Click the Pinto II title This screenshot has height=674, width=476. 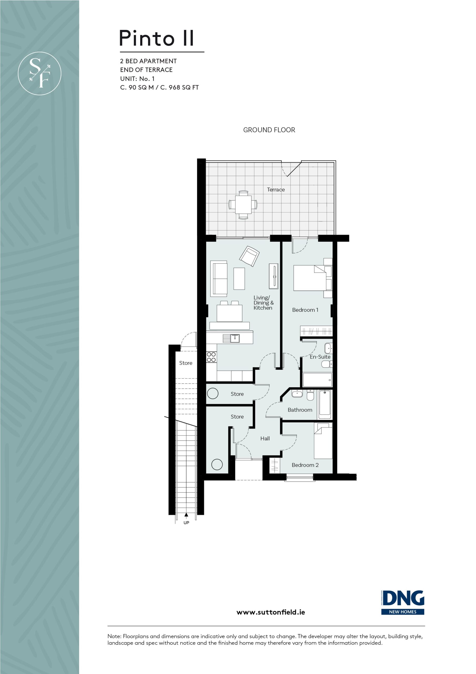[156, 38]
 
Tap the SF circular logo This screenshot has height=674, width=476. [40, 73]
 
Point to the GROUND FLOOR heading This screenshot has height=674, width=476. [269, 130]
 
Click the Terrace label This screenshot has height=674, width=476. [276, 190]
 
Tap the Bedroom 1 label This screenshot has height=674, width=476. [305, 310]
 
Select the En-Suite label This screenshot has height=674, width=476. [320, 357]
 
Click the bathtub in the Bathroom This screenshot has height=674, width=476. [325, 404]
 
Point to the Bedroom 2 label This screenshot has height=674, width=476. [305, 465]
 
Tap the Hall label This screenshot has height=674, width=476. [265, 438]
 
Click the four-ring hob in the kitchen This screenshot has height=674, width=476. [211, 357]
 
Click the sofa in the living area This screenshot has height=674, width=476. [219, 278]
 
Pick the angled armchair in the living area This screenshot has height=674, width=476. [249, 256]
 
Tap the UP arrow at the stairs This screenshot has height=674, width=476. [186, 514]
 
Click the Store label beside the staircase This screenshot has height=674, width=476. [186, 363]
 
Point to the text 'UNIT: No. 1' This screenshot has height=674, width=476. [137, 79]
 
